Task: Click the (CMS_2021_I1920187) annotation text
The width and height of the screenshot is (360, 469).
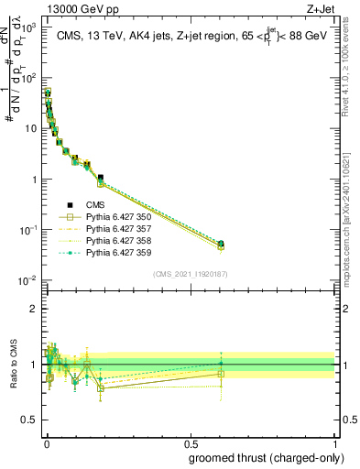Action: click(x=189, y=274)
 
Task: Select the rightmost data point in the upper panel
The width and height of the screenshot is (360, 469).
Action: click(x=220, y=244)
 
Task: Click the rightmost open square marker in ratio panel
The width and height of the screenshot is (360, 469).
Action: click(x=220, y=374)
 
